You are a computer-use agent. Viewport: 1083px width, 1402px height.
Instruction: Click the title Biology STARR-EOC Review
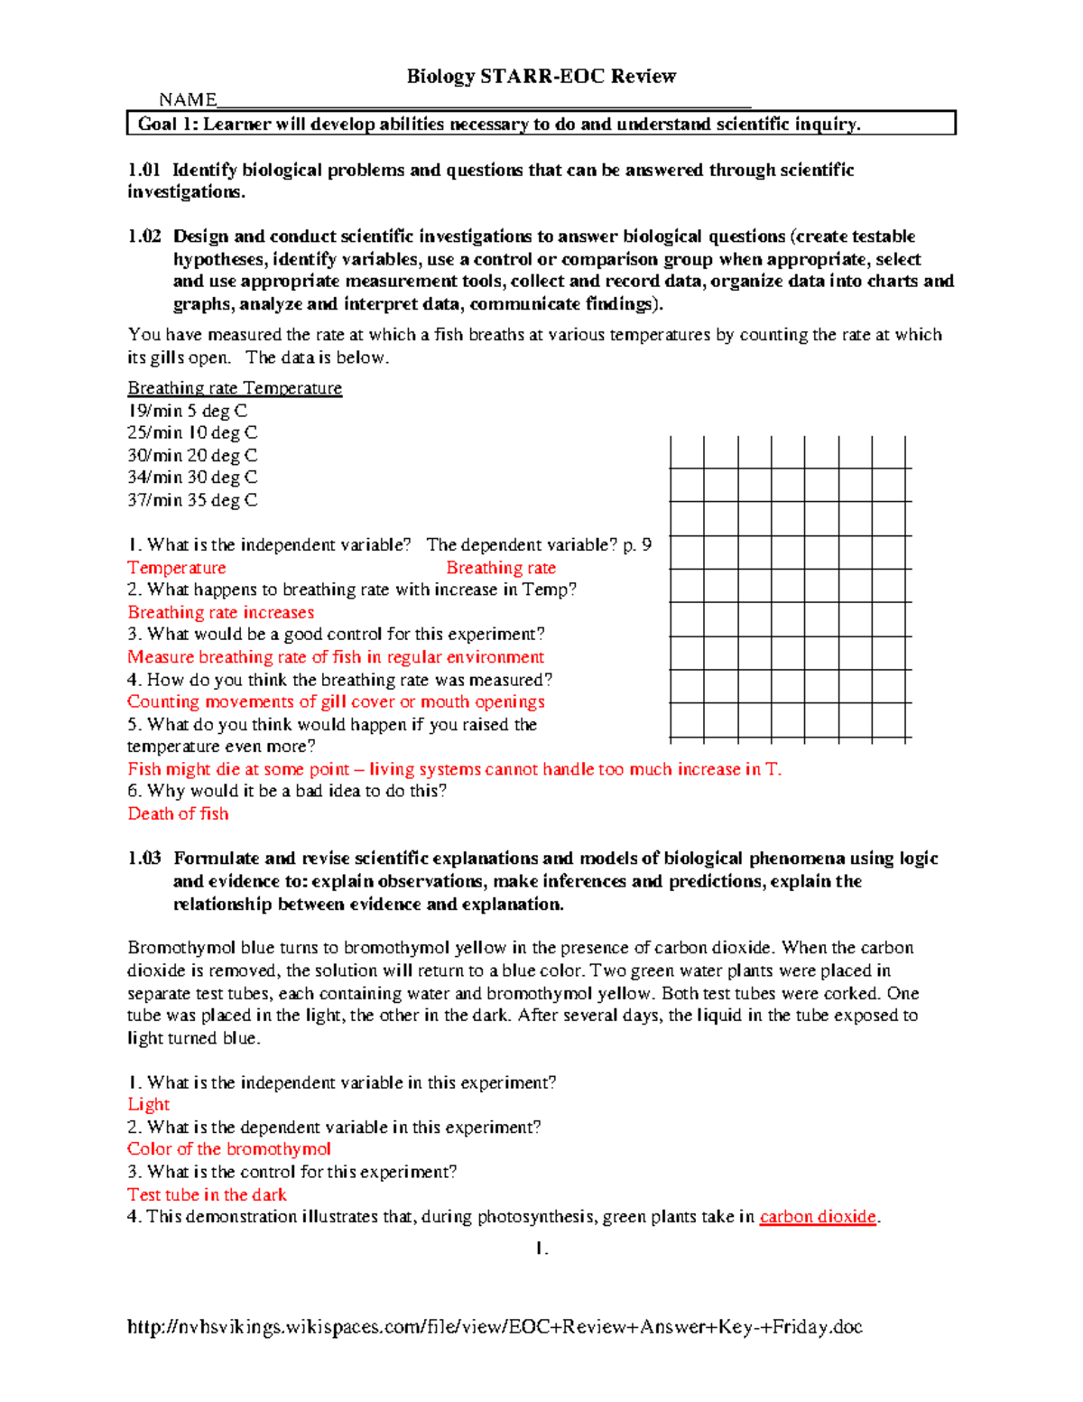pos(541,77)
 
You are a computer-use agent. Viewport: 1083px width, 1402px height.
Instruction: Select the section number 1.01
pos(143,170)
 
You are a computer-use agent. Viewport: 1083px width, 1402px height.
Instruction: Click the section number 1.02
pos(143,237)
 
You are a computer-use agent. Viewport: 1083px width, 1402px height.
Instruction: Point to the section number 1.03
pos(143,859)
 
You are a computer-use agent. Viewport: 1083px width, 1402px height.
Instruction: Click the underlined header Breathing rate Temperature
pos(235,388)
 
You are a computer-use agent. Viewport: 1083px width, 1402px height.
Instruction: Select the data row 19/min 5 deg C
pos(187,411)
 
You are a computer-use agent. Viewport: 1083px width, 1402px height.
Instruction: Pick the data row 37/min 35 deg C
pos(192,500)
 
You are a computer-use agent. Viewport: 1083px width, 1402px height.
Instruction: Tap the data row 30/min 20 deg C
pos(192,456)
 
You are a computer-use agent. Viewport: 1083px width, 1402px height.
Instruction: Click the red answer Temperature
pos(177,568)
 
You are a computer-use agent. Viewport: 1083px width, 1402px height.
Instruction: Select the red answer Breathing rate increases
pos(221,612)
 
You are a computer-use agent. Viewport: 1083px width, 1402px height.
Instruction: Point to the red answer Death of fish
pos(178,813)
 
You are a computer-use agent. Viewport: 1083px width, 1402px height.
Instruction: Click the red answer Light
pos(148,1104)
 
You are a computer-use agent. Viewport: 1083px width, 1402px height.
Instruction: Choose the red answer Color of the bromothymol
pos(229,1149)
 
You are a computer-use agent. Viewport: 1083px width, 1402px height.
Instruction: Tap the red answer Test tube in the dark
pos(207,1194)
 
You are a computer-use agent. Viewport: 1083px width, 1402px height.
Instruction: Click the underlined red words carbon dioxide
pos(818,1217)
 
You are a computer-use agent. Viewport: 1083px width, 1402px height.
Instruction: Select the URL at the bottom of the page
pos(495,1326)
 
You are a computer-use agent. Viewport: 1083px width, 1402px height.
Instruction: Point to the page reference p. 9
pos(637,545)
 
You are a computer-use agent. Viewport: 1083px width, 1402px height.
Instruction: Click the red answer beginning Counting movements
pos(336,701)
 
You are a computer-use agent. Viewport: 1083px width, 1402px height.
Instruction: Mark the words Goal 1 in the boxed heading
pos(167,125)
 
